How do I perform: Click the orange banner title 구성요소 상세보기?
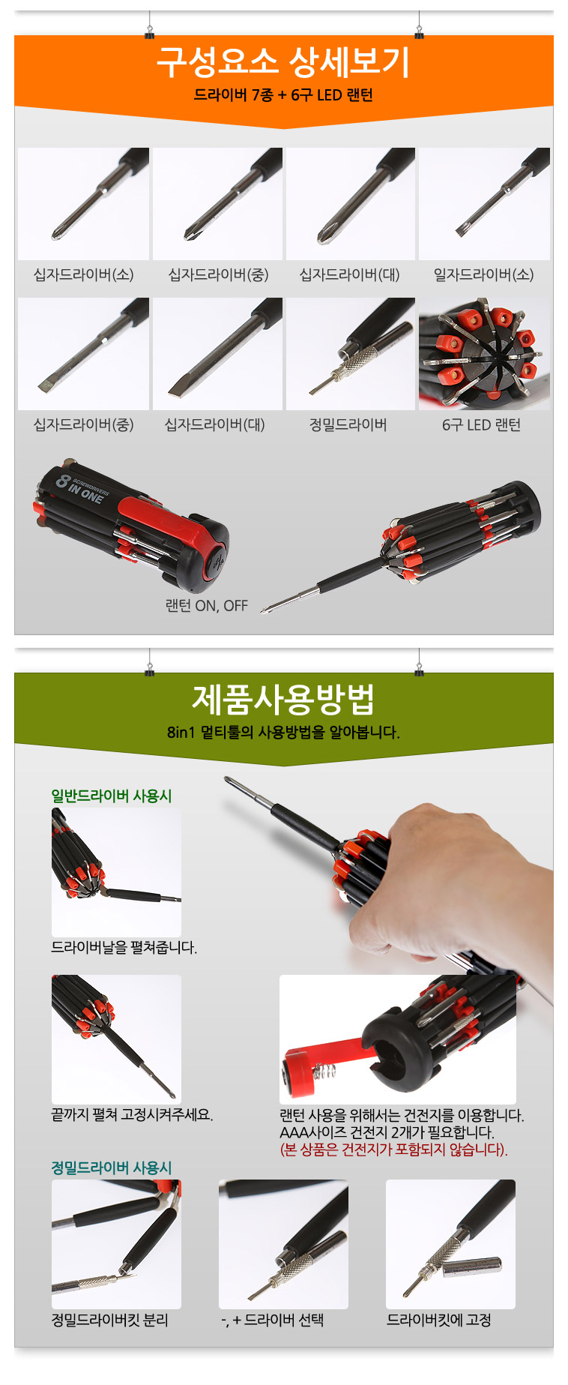[x=283, y=61]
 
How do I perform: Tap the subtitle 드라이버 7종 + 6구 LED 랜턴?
[x=283, y=95]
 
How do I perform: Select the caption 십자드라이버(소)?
[x=84, y=274]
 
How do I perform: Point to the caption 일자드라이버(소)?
[x=484, y=274]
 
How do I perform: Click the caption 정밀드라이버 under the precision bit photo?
[x=348, y=424]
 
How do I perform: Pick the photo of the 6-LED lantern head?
[x=484, y=354]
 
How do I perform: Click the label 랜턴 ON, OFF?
[x=207, y=606]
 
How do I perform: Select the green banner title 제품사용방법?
[x=283, y=699]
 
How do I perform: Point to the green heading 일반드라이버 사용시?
[x=112, y=796]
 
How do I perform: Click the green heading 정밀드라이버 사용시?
[x=112, y=1168]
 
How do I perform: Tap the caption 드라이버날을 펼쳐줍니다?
[x=124, y=948]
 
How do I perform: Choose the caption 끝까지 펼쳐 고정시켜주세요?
[x=132, y=1115]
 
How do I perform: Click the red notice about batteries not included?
[x=394, y=1150]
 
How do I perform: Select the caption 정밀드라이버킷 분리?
[x=110, y=1320]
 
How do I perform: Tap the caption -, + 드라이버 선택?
[x=273, y=1320]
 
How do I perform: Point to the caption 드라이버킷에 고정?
[x=439, y=1320]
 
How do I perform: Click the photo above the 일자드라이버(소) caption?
[x=484, y=204]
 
